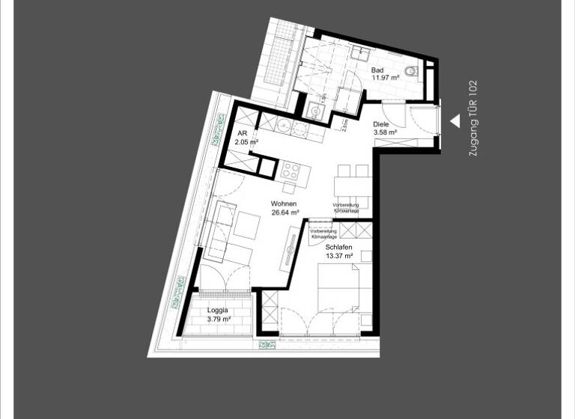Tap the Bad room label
378,71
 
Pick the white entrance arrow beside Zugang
454,120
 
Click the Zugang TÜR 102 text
472,118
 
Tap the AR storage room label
242,132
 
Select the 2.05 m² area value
246,141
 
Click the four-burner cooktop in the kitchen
291,171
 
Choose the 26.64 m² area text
285,212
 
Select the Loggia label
218,311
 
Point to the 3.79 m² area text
218,319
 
